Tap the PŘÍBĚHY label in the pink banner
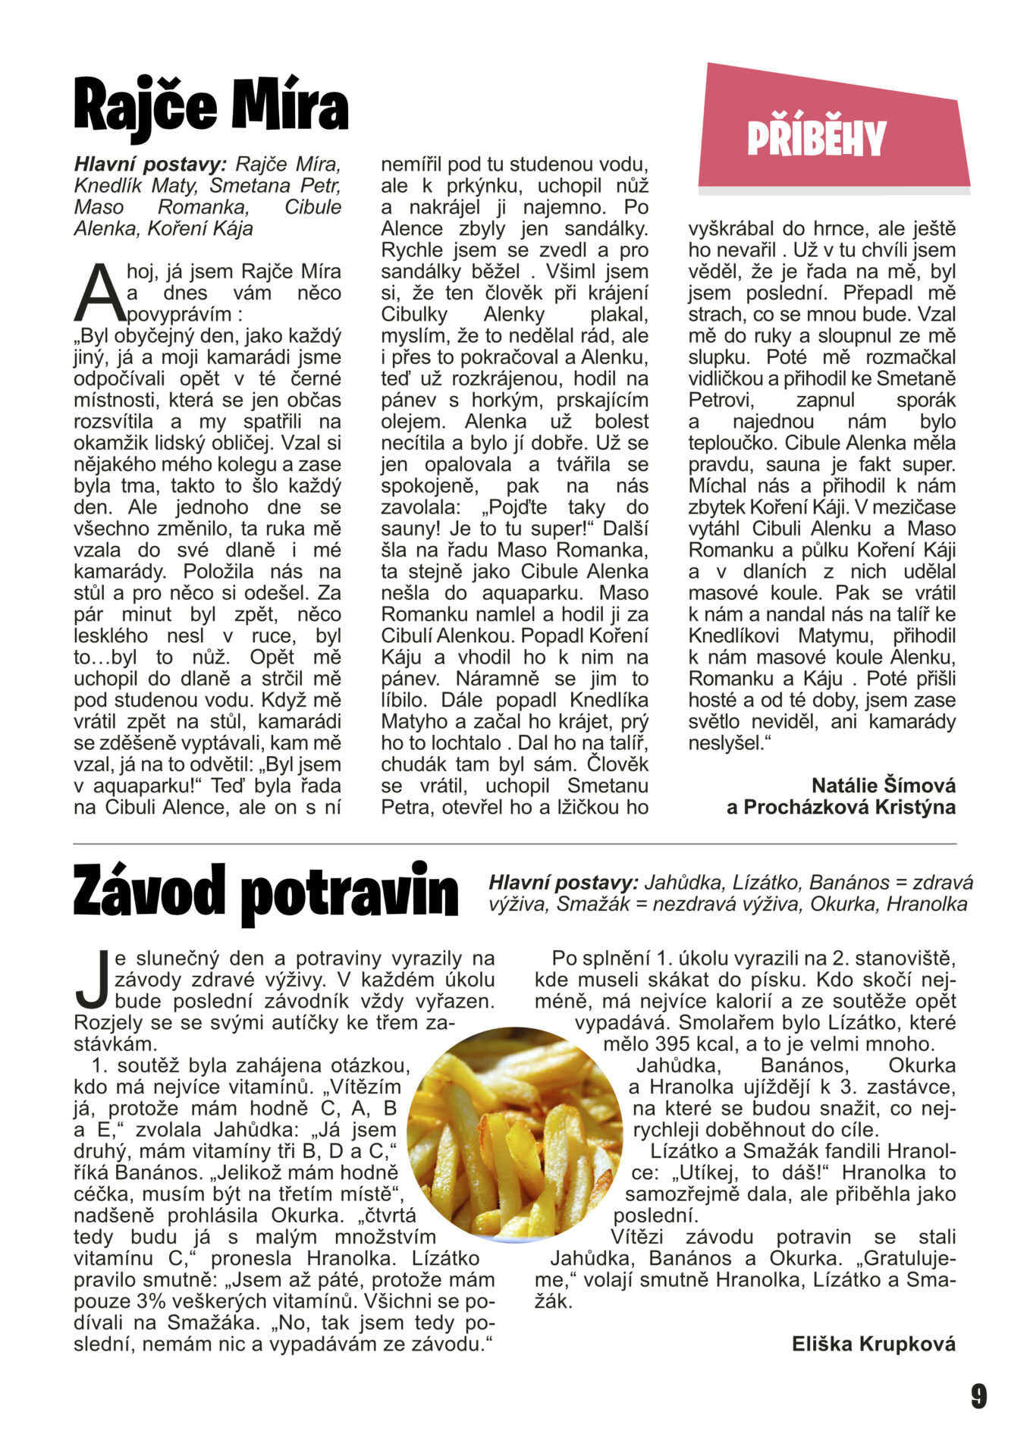(x=816, y=139)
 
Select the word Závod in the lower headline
(x=149, y=893)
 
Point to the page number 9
(x=978, y=1396)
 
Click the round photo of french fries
(x=514, y=1134)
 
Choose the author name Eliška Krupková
(x=874, y=1345)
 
